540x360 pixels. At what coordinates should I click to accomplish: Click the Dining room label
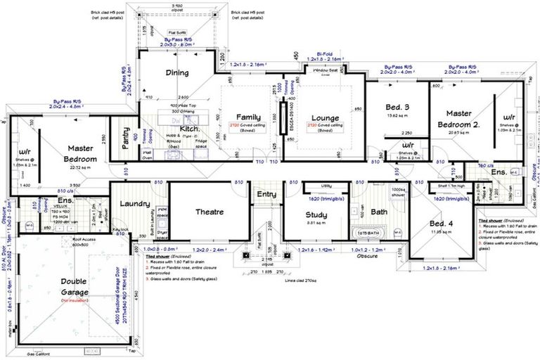(176, 73)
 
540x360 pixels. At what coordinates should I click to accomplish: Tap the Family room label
(249, 117)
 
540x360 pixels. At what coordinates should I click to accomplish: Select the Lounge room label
(325, 117)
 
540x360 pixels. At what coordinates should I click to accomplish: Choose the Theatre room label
(209, 212)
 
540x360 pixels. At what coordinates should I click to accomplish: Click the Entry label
(266, 195)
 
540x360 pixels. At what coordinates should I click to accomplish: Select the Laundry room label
(136, 204)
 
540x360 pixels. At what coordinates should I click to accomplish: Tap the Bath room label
(379, 212)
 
